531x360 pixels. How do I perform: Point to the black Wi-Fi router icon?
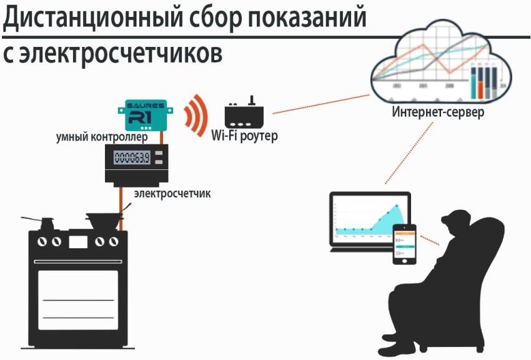[246, 113]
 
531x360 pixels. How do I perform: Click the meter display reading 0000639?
[131, 157]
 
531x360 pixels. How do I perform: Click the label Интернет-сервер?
[437, 112]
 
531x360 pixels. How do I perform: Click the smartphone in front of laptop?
[404, 244]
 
